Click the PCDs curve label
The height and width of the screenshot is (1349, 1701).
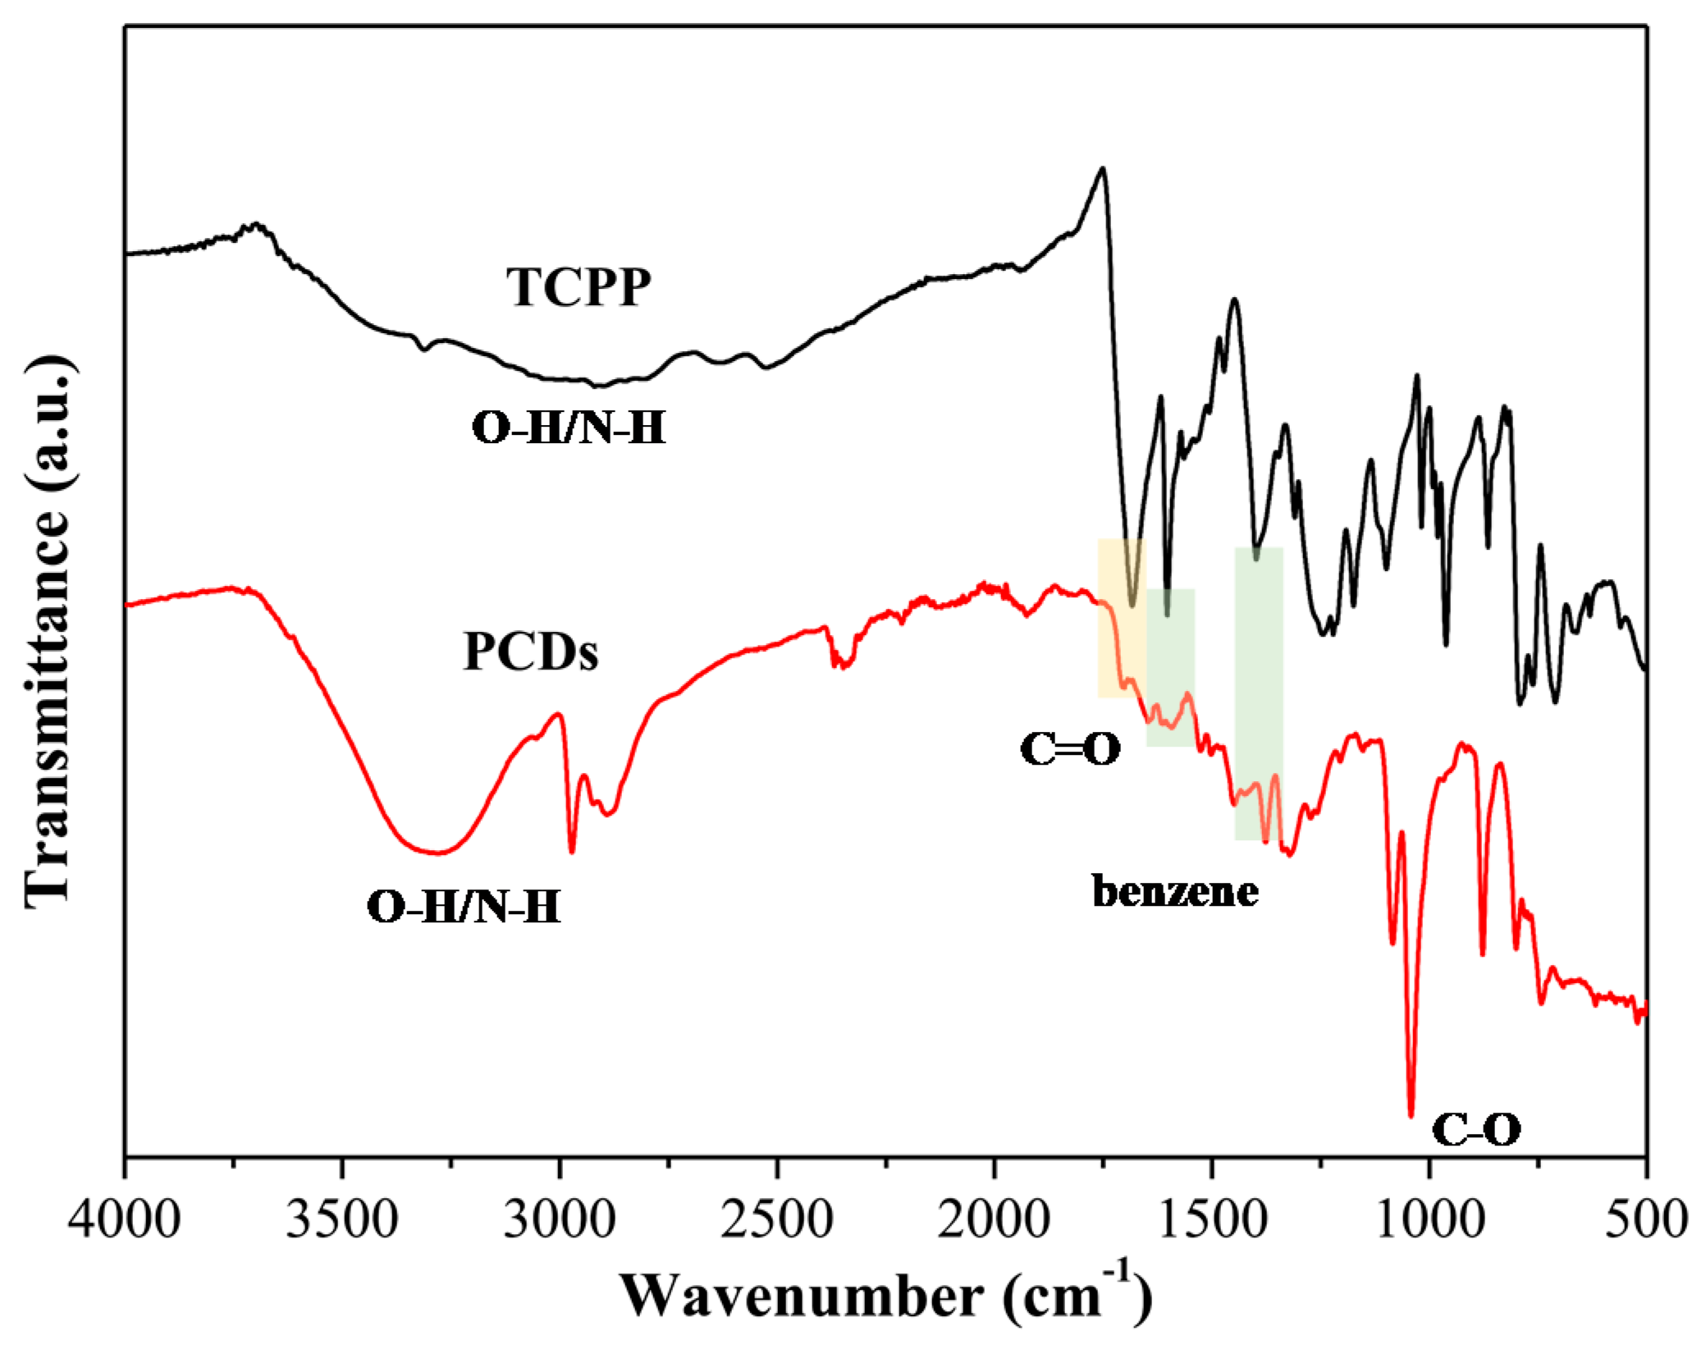[x=531, y=652]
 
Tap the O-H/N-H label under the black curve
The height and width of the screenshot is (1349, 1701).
[x=569, y=428]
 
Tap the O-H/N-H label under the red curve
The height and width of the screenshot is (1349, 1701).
[x=464, y=908]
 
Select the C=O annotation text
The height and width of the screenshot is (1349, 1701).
[x=1070, y=749]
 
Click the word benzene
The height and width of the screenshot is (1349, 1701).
[x=1175, y=891]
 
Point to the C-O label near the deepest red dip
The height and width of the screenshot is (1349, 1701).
[x=1476, y=1129]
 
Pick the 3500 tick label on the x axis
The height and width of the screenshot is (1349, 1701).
[x=343, y=1219]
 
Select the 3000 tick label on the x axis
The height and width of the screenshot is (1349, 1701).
[x=560, y=1219]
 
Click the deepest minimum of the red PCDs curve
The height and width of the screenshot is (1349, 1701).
[x=1411, y=1114]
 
